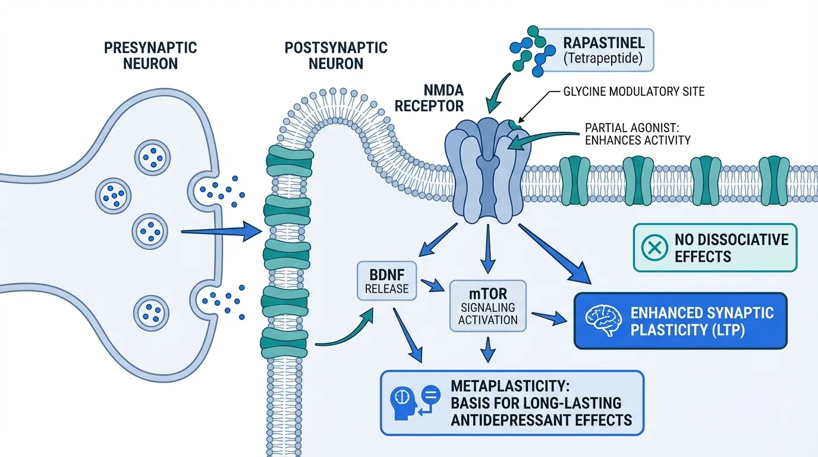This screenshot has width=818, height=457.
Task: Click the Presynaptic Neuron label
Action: coord(150,55)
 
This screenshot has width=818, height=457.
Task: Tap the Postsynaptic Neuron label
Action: coord(336,55)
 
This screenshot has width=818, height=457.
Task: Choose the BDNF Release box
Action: coord(387,280)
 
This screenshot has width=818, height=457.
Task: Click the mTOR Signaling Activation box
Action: coord(487,304)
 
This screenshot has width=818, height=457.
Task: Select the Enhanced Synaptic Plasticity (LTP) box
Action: coord(679,321)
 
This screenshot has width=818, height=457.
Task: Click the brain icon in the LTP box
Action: coord(600,321)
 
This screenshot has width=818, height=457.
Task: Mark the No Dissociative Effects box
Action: coord(714,248)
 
